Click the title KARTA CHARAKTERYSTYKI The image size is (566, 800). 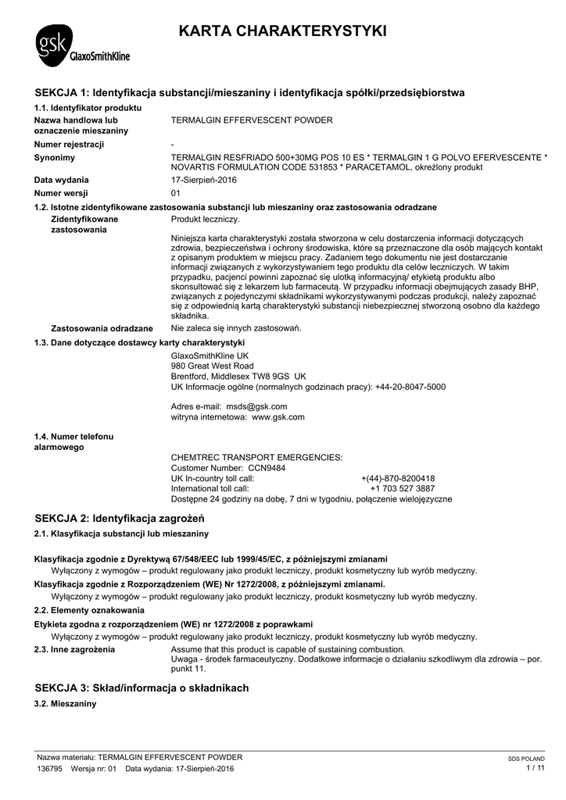[x=282, y=32]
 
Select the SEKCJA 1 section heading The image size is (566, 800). [x=250, y=92]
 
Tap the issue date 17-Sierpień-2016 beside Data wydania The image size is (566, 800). [x=203, y=180]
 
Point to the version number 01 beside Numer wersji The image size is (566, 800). [x=176, y=193]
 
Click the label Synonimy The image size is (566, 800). [x=55, y=158]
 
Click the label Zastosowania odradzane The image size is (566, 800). [x=102, y=328]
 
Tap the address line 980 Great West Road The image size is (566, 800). [x=212, y=366]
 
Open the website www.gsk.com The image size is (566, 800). [x=278, y=417]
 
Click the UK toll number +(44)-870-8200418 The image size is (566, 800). [x=398, y=478]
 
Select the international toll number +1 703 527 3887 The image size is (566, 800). [x=402, y=488]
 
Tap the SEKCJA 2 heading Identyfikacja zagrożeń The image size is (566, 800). [x=120, y=518]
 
